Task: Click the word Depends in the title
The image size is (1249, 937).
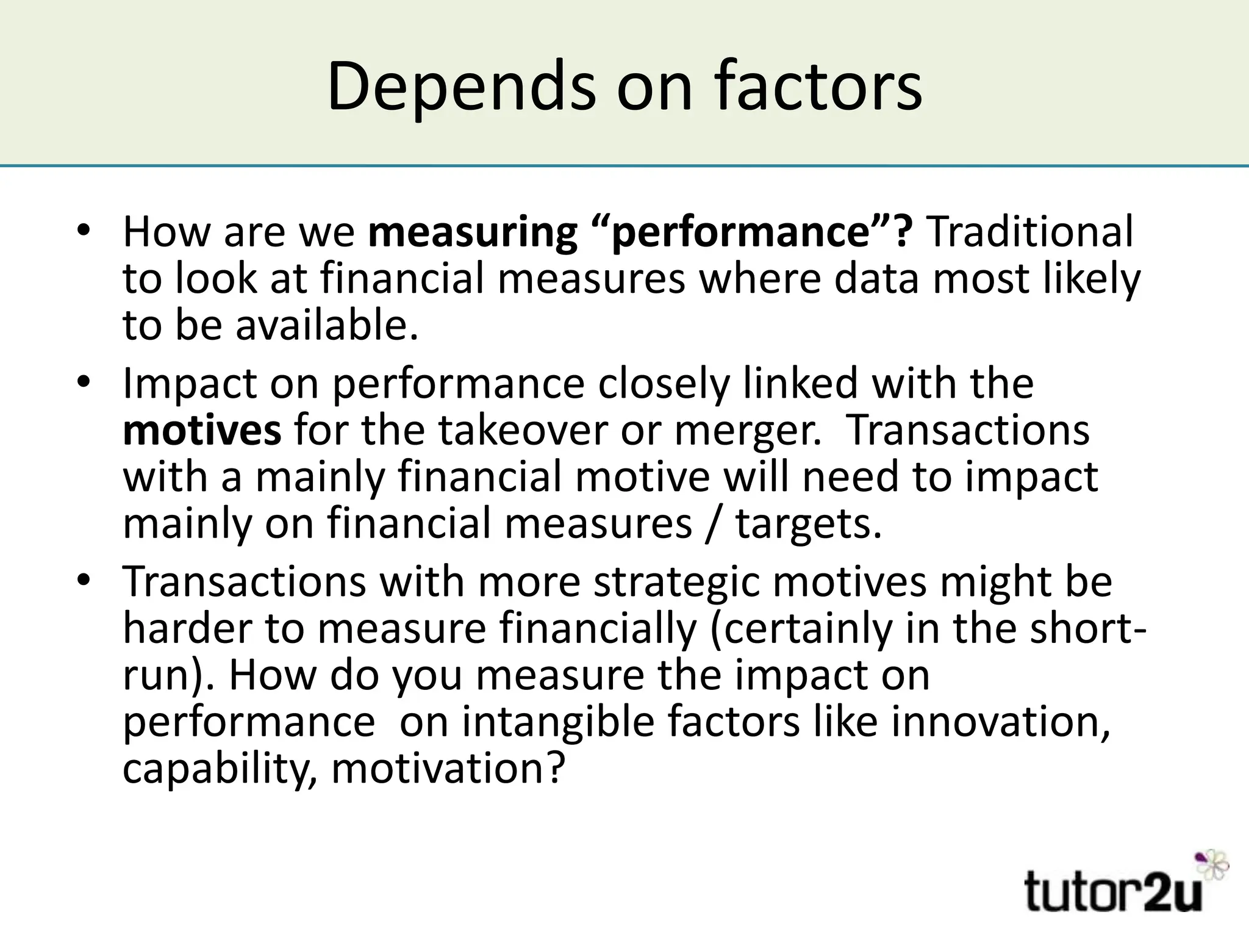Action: [460, 87]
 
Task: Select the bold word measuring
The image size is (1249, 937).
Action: [473, 232]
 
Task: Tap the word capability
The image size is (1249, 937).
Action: [220, 769]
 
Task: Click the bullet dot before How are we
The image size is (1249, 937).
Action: [84, 231]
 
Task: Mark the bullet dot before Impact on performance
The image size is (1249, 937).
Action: [84, 382]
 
